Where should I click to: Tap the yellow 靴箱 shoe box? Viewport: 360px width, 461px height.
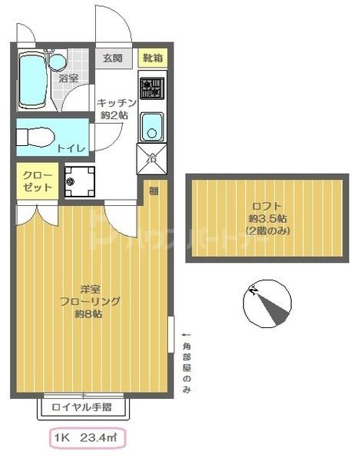tap(151, 58)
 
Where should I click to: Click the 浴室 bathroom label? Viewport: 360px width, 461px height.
tap(69, 78)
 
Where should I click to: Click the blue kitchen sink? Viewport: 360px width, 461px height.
tap(152, 125)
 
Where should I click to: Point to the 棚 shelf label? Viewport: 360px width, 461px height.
tap(154, 191)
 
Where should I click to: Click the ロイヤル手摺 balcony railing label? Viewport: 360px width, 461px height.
tap(82, 406)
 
